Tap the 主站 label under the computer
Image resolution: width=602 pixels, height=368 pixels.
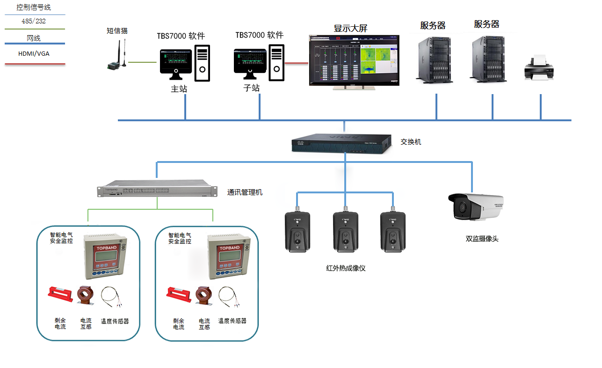click(179, 89)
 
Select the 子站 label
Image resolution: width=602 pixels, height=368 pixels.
click(252, 88)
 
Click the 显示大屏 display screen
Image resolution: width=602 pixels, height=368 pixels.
click(354, 61)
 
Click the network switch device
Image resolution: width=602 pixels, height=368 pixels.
click(341, 143)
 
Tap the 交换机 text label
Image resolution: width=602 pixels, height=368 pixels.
click(411, 141)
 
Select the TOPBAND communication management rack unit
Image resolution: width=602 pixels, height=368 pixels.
click(157, 190)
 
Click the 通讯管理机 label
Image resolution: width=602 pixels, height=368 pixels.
click(245, 192)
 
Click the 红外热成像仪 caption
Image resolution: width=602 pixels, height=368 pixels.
click(346, 268)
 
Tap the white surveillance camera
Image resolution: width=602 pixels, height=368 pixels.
click(475, 206)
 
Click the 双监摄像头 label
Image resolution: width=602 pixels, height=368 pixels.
click(482, 239)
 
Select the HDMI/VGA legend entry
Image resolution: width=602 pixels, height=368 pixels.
click(34, 54)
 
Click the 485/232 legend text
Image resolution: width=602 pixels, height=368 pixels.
click(34, 22)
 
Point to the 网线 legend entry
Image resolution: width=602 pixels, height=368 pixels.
click(34, 38)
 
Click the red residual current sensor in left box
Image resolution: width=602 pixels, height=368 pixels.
click(61, 294)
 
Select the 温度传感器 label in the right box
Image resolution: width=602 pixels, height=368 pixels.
click(232, 321)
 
